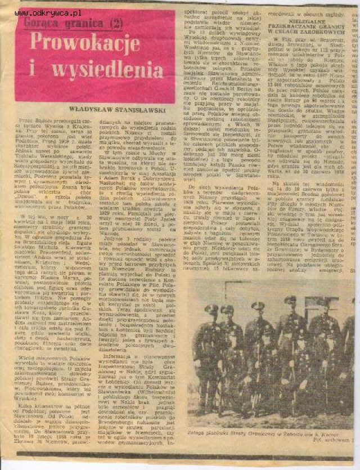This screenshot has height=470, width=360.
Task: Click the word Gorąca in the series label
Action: [x=43, y=24]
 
